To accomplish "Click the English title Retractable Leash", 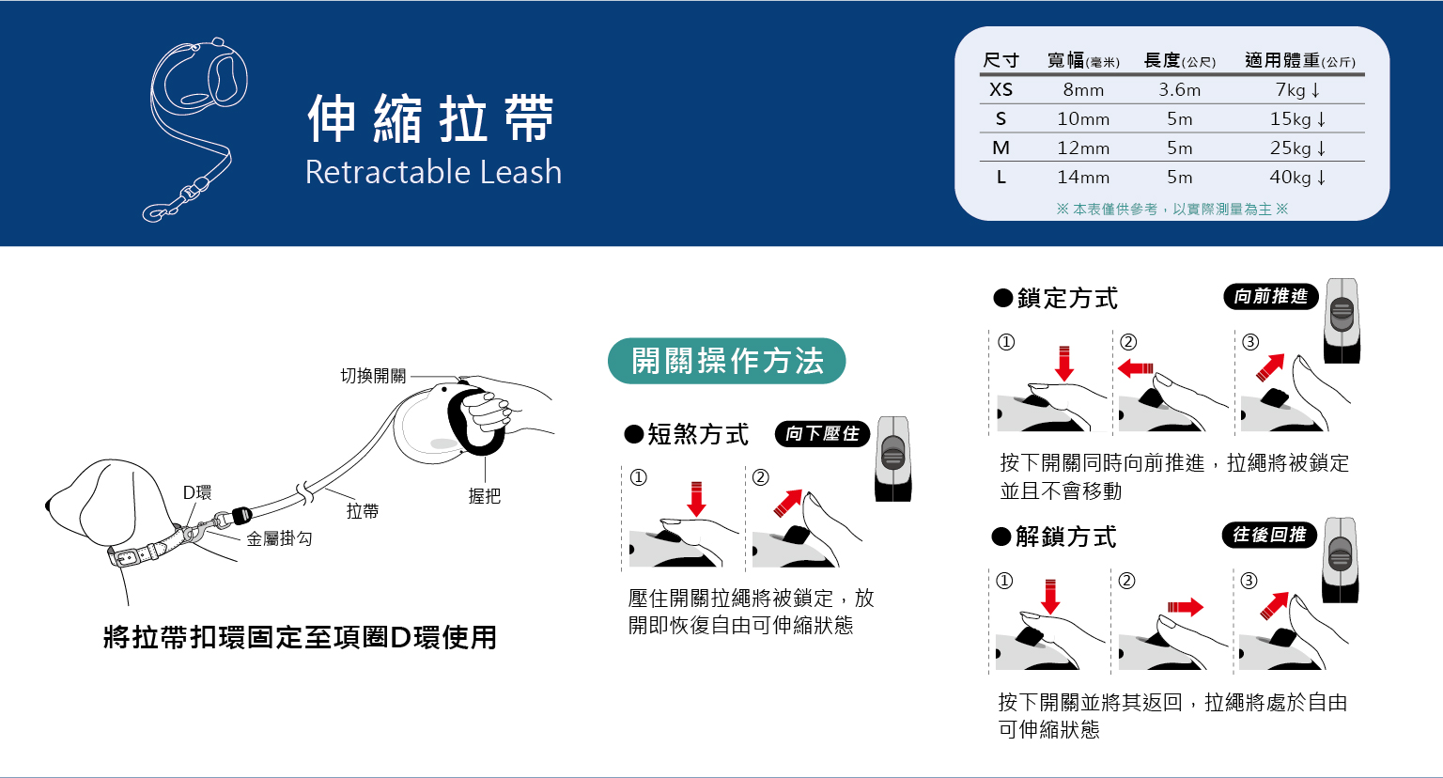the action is [x=433, y=172].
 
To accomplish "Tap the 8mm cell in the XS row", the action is [x=1083, y=89].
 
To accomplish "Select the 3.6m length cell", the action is [x=1180, y=89].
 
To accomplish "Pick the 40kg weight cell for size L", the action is [x=1297, y=177].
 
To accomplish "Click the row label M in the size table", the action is [x=1001, y=148].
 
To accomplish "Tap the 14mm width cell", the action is [x=1083, y=177].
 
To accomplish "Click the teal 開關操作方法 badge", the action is [x=726, y=361].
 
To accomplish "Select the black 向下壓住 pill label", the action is [x=822, y=434].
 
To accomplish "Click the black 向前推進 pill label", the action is [x=1270, y=296].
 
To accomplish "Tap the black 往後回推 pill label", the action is [x=1269, y=535].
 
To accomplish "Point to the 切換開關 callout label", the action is [x=373, y=376].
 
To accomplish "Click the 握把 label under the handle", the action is [x=485, y=496].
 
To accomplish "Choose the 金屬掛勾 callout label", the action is [x=280, y=538].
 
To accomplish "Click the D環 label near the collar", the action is [x=197, y=492].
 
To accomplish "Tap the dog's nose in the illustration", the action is [x=48, y=506].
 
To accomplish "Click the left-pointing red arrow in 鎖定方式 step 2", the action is [x=1135, y=368].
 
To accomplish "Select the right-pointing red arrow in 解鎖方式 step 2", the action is [x=1186, y=607].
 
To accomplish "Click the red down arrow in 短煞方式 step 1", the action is [x=696, y=499].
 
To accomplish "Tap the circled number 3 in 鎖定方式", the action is [x=1250, y=342].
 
